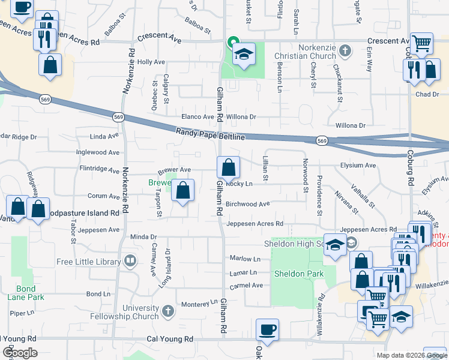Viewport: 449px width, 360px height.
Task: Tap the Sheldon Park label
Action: (298, 274)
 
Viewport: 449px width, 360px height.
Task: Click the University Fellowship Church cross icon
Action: (167, 311)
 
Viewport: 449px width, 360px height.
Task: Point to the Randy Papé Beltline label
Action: (211, 134)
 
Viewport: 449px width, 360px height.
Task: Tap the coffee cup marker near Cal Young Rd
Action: (267, 329)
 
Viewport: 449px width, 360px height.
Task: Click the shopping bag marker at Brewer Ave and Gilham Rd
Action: (228, 167)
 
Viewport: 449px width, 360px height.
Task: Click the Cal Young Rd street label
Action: (170, 339)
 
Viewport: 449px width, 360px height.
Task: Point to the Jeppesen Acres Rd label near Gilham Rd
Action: (255, 224)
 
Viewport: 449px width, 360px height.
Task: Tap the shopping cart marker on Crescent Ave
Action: (421, 44)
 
